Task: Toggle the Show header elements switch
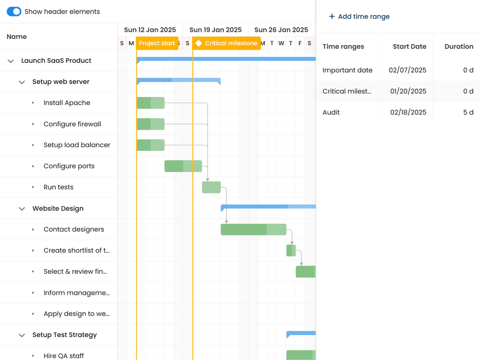point(14,12)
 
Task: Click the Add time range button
point(359,16)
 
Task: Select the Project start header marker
point(157,43)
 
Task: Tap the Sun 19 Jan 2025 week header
point(216,30)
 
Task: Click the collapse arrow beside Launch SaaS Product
point(11,61)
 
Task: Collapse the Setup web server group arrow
point(22,82)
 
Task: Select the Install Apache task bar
point(150,103)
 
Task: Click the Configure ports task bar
point(183,166)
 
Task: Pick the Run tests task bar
point(211,187)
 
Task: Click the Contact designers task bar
point(253,229)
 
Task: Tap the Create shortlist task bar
point(291,250)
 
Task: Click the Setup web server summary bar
point(179,80)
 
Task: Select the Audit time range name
point(331,112)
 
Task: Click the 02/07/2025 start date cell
point(407,70)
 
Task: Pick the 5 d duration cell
point(468,112)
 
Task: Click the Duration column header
point(458,46)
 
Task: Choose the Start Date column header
point(409,46)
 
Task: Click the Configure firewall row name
point(72,124)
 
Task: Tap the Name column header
point(17,37)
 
